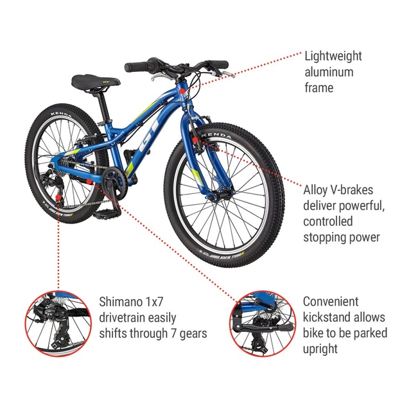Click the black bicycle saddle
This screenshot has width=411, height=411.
(x=96, y=82)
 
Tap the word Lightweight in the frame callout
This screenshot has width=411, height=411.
(x=333, y=57)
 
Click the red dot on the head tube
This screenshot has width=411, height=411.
(x=182, y=91)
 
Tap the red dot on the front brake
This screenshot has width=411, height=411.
(x=195, y=140)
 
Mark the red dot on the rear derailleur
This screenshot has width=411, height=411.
(x=58, y=197)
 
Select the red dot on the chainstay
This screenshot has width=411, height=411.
(x=89, y=181)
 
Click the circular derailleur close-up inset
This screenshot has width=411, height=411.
(x=58, y=324)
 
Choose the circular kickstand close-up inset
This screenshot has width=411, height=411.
(x=263, y=324)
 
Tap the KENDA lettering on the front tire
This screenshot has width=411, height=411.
(x=216, y=136)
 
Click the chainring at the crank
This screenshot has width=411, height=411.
(x=115, y=183)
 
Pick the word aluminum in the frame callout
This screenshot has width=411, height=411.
(x=329, y=72)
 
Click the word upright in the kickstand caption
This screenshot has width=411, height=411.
(x=320, y=349)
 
